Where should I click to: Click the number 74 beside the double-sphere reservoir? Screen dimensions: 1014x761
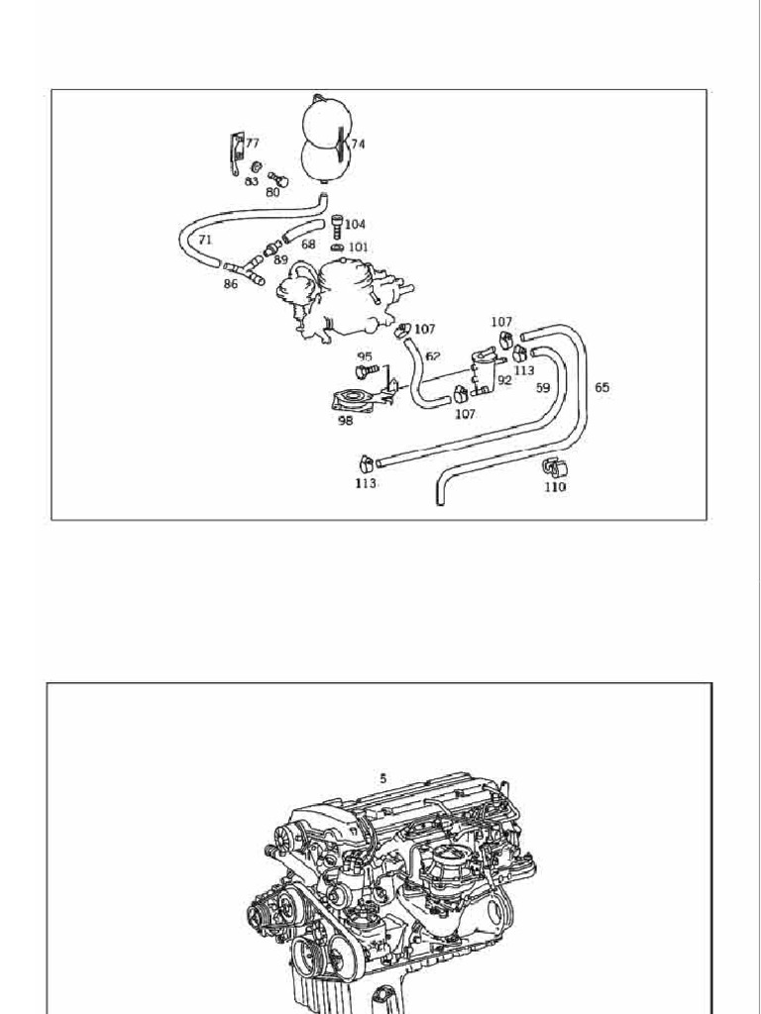point(357,144)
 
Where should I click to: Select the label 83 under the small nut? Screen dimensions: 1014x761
point(252,181)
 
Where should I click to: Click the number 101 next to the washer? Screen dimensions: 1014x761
point(358,247)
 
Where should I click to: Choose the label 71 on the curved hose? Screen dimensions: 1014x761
point(204,240)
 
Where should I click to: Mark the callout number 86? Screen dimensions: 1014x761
point(231,283)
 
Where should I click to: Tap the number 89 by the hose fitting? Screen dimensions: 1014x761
point(280,258)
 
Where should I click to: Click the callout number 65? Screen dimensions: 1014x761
point(601,388)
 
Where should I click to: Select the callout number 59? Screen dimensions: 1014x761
point(543,389)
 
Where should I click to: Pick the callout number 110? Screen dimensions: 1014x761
point(555,487)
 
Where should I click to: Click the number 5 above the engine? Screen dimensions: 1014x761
point(381,778)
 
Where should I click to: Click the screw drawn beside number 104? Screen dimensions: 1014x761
point(337,225)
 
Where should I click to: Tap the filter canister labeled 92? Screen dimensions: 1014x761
point(481,370)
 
